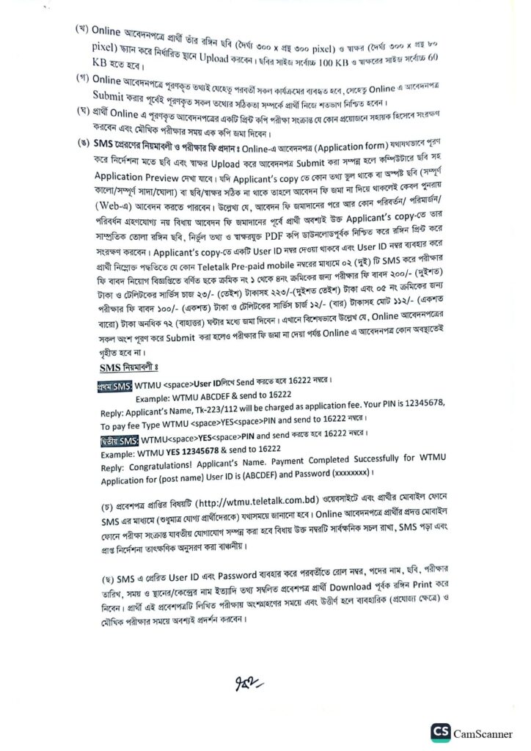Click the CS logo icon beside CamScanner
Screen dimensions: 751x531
click(441, 733)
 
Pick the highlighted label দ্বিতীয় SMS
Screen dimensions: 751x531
click(117, 440)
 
